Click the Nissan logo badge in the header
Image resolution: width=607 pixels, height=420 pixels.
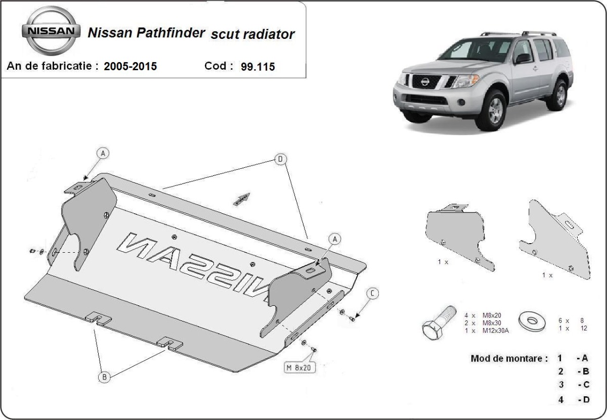(51, 30)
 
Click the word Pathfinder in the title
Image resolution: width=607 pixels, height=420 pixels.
(176, 33)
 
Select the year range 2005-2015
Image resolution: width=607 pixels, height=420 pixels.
(130, 66)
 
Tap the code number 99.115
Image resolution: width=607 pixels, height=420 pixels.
(258, 67)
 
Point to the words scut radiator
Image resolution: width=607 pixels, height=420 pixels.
(252, 34)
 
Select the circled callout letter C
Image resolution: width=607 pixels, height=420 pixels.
(372, 293)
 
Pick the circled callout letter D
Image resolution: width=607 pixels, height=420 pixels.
(281, 159)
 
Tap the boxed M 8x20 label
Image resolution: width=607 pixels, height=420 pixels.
(298, 368)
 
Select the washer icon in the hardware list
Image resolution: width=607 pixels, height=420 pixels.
(532, 321)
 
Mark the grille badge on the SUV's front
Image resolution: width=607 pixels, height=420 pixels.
(425, 80)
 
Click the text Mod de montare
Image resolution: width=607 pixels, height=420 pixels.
(509, 359)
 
